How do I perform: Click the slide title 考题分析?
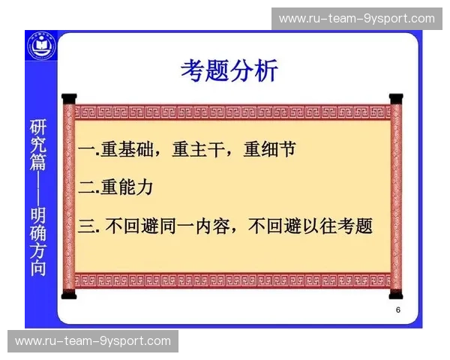(229, 71)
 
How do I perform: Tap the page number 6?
(398, 310)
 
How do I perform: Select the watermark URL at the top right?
(356, 18)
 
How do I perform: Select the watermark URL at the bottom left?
(93, 341)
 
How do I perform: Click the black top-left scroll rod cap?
(69, 98)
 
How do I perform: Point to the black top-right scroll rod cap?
(396, 98)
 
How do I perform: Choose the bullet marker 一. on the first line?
(88, 150)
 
